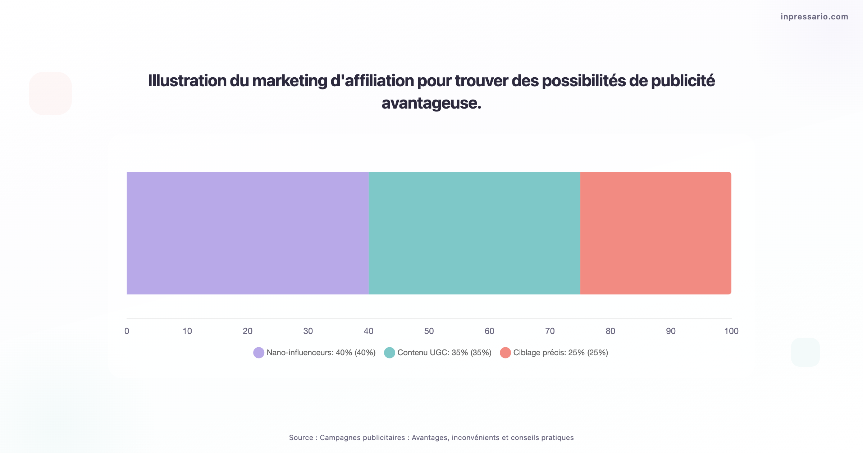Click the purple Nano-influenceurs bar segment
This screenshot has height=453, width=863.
tap(247, 233)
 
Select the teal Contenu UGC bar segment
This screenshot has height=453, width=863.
tap(474, 233)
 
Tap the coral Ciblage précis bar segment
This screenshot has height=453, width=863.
tap(656, 233)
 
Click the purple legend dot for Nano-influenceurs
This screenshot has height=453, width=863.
tap(259, 353)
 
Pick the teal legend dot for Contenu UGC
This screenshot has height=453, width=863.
tap(389, 353)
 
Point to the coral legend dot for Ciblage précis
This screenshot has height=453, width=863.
tap(505, 353)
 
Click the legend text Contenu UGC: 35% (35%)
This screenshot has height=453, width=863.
tap(444, 353)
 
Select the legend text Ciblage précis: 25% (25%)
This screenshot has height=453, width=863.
tap(561, 353)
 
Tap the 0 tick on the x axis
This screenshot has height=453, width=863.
tap(127, 331)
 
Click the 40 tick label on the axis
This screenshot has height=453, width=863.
tap(369, 331)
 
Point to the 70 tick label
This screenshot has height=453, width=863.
tap(550, 331)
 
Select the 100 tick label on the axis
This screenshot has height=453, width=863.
tap(731, 331)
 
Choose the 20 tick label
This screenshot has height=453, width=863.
tap(247, 331)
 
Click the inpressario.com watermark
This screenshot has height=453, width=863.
tap(814, 17)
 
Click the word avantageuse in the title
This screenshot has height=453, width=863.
tap(431, 103)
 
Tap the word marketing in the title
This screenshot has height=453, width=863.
tap(289, 81)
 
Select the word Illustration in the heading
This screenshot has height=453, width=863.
tap(187, 81)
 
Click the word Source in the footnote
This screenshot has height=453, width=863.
tap(301, 438)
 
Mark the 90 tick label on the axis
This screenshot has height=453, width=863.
tap(671, 331)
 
